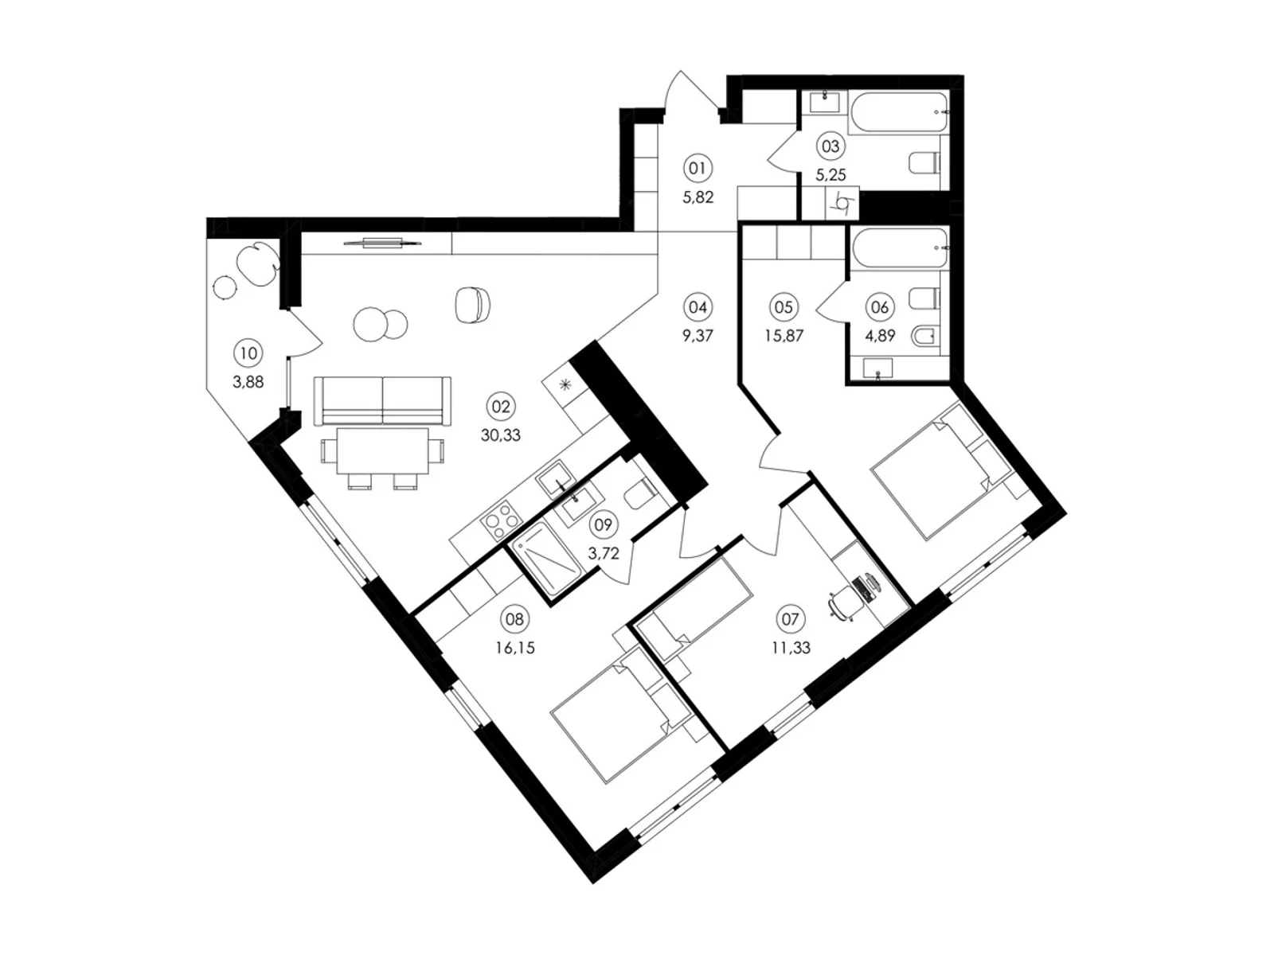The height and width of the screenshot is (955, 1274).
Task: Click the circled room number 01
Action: click(697, 169)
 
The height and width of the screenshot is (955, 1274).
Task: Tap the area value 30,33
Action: click(500, 435)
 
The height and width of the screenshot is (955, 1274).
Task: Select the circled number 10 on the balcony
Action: click(248, 353)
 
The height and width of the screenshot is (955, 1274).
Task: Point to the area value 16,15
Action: click(515, 648)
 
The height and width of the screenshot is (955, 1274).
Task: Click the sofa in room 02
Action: click(382, 400)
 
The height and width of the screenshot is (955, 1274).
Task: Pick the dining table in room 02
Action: click(382, 450)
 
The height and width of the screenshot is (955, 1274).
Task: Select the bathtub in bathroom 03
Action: click(898, 112)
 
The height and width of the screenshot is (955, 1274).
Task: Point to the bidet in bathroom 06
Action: click(925, 336)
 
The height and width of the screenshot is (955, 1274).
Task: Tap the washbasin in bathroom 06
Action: click(877, 368)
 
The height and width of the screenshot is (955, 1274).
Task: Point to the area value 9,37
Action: click(697, 336)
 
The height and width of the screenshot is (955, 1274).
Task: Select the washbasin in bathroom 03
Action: click(824, 103)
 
